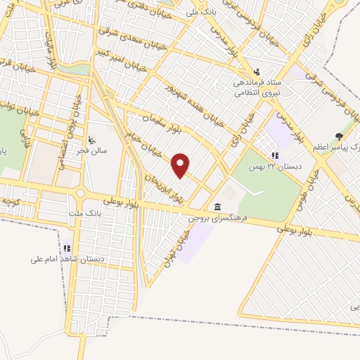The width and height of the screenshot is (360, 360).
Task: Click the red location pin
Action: pos(181,165)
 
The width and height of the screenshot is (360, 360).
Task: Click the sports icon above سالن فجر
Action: pos(93,138)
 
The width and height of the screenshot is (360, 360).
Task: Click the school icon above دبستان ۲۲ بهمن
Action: pos(275,155)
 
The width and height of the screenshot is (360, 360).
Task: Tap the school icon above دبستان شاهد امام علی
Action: pos(67,247)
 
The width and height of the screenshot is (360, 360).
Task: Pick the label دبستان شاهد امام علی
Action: pos(67,259)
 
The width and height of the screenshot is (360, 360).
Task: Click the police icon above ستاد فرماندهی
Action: pos(257,71)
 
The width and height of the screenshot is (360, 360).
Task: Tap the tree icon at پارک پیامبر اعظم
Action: pos(340,136)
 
